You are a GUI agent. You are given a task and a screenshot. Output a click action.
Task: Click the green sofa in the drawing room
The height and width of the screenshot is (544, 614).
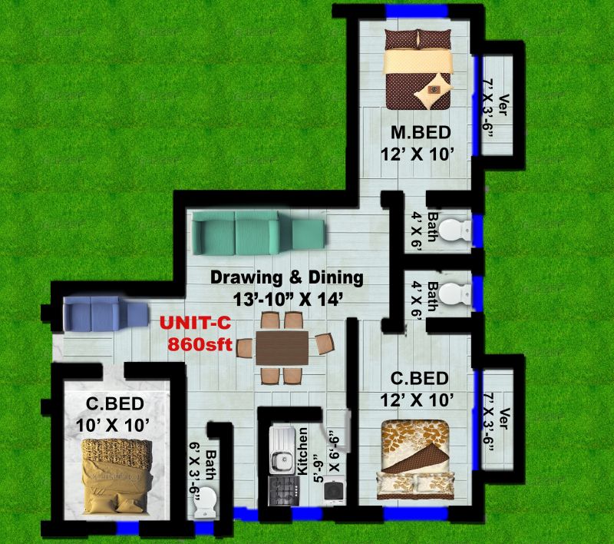[258, 233]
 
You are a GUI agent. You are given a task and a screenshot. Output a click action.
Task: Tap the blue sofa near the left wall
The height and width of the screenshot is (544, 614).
[106, 314]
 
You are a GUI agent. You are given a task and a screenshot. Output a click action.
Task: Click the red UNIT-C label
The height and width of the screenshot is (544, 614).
[195, 323]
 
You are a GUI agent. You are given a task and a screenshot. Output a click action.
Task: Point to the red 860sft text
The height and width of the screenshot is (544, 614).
[200, 345]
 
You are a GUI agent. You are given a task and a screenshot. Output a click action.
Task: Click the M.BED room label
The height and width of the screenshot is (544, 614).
[421, 133]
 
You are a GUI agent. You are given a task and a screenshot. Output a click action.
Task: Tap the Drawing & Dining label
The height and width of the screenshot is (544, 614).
[287, 277]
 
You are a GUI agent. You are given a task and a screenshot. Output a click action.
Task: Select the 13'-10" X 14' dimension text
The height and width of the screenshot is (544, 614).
[289, 300]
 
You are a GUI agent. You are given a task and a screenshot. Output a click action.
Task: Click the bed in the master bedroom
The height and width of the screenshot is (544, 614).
[418, 69]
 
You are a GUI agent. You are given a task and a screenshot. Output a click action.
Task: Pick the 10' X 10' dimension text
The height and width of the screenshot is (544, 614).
[112, 425]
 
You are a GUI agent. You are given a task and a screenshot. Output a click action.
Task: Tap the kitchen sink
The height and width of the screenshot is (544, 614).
[281, 451]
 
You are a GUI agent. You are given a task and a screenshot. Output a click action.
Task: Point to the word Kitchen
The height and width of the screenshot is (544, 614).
[302, 451]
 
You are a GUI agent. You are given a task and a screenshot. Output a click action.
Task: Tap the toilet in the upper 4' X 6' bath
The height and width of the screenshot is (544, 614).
[455, 229]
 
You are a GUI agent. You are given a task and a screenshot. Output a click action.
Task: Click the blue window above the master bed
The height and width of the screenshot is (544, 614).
[417, 11]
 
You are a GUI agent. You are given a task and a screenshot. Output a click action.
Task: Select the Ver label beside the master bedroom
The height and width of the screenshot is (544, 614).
[503, 105]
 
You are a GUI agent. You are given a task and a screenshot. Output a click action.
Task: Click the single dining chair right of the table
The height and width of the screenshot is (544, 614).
[325, 343]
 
